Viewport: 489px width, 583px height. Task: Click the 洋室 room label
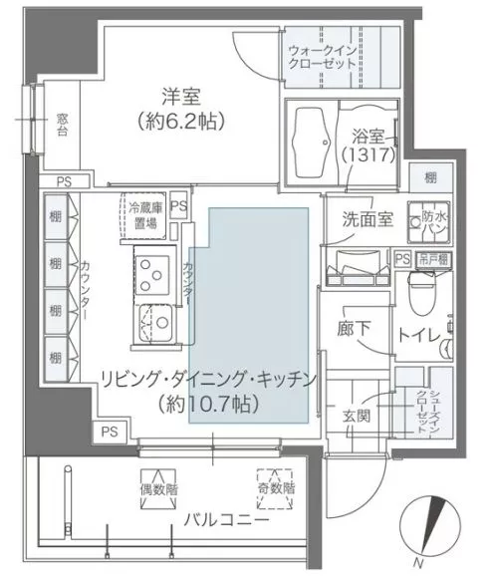pyautogui.click(x=181, y=98)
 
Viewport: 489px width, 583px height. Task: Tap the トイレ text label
pyautogui.click(x=420, y=336)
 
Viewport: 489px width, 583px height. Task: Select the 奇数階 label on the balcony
pyautogui.click(x=275, y=490)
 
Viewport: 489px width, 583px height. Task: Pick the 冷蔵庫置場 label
pyautogui.click(x=144, y=216)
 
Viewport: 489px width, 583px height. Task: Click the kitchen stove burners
pyautogui.click(x=155, y=270)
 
